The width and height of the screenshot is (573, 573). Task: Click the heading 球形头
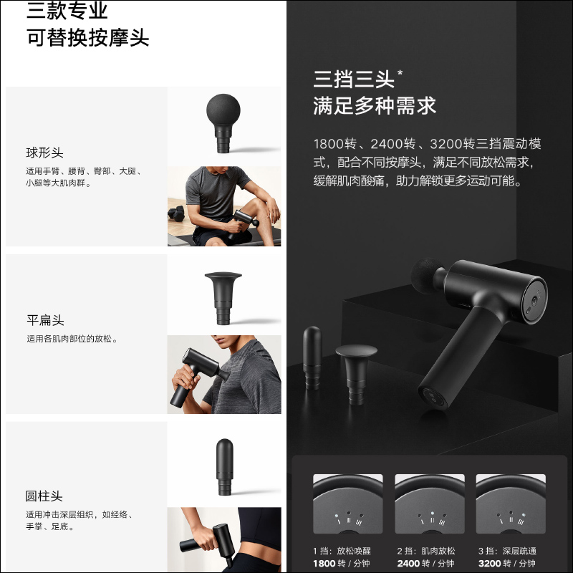[x=44, y=153]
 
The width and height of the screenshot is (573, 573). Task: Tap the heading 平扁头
[x=45, y=320]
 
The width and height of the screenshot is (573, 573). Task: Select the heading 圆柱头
[x=44, y=496]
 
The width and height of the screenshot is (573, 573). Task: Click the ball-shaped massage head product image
[x=223, y=123]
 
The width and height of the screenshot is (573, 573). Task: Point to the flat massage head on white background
[x=223, y=298]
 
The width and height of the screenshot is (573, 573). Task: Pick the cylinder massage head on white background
[x=224, y=467]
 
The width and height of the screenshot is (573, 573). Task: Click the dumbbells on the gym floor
[x=176, y=213]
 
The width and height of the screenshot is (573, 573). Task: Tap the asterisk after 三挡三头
[x=400, y=72]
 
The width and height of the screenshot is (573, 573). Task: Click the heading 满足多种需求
[x=375, y=106]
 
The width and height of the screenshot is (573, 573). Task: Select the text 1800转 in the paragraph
[x=334, y=144]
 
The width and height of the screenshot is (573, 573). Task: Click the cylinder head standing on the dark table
[x=312, y=357]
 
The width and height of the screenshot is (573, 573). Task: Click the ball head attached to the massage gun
[x=426, y=276]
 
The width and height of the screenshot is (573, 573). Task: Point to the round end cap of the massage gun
[x=535, y=300]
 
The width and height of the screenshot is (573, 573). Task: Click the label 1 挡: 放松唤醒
[x=342, y=551]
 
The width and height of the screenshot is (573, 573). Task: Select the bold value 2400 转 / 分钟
[x=425, y=564]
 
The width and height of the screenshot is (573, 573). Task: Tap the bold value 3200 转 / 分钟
[x=507, y=564]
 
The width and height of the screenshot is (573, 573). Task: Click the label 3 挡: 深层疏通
[x=507, y=551]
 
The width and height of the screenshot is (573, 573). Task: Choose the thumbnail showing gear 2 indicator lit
[x=430, y=504]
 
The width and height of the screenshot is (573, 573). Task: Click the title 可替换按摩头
[x=87, y=38]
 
